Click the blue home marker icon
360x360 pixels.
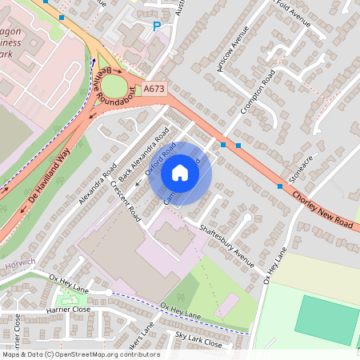(x=180, y=172)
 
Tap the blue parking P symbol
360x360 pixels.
(x=156, y=27)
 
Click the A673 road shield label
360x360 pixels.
(x=154, y=89)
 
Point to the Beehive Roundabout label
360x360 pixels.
(x=98, y=82)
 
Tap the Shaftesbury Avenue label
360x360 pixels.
(x=226, y=245)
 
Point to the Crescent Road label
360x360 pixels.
(x=125, y=195)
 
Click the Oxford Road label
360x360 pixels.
(x=161, y=163)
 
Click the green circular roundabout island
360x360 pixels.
(x=114, y=86)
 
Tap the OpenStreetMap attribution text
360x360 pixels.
(x=80, y=354)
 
